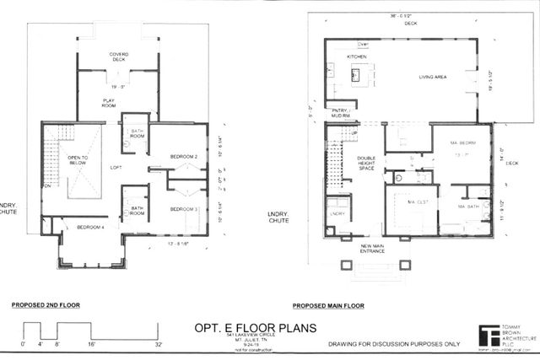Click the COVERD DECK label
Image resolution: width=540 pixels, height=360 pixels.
pos(119,57)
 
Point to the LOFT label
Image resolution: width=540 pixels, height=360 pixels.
pos(116,168)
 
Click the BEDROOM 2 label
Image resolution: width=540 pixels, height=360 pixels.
pos(183,157)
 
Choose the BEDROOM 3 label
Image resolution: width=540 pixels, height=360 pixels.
pos(183,209)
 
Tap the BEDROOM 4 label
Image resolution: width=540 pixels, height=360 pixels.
pos(90,228)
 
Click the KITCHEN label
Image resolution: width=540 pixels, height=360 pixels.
pos(359,57)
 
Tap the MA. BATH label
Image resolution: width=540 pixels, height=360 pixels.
pos(469,207)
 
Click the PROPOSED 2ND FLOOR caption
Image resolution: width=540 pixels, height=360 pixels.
pos(45,305)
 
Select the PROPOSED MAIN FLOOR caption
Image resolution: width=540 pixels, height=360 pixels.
pos(327,305)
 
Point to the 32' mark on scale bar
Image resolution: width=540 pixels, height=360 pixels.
pos(159,344)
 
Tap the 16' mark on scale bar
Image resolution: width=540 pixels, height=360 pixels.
pos(90,344)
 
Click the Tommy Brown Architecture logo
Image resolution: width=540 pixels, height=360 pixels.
pos(489,335)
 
